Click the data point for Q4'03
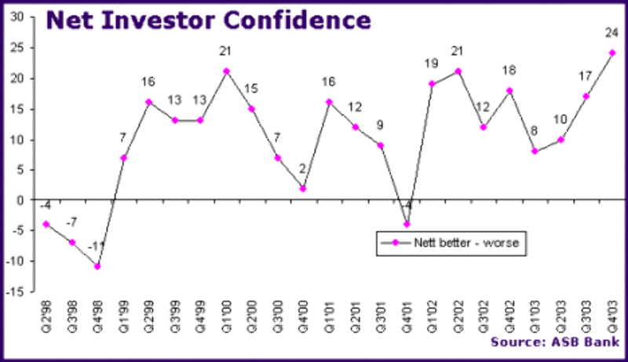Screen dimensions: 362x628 pos(612,53)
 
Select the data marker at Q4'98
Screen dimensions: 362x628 pos(97,266)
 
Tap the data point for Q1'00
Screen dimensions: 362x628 pos(227,71)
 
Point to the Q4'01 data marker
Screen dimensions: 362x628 pos(407,225)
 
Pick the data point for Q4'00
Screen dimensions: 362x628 pos(304,188)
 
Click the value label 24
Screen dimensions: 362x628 pos(612,34)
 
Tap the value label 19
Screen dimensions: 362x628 pos(433,64)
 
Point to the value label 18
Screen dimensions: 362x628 pos(509,71)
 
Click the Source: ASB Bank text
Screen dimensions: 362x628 pos(557,343)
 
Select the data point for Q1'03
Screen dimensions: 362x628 pos(535,151)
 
